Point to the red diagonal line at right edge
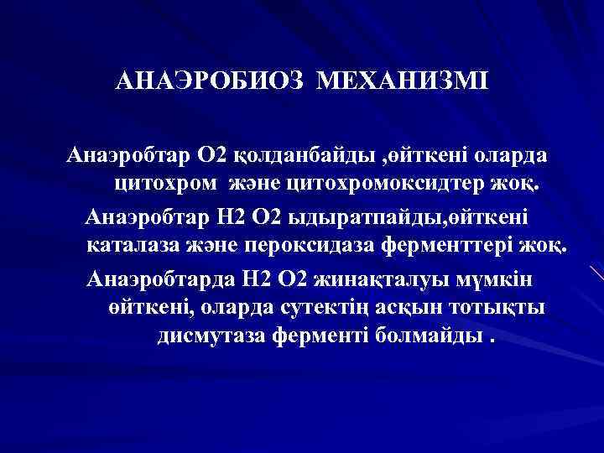click(x=596, y=272)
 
